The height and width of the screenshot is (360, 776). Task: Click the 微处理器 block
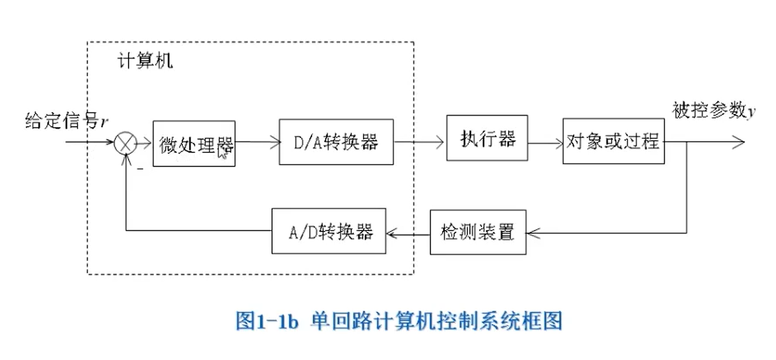[194, 144]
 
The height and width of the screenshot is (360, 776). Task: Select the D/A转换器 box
[336, 142]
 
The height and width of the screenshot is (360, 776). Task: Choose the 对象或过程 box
[613, 141]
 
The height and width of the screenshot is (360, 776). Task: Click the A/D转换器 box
[328, 231]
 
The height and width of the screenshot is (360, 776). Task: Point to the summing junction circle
[125, 142]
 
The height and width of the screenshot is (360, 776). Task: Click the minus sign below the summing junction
[140, 169]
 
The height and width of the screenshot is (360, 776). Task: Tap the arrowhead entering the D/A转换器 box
[274, 142]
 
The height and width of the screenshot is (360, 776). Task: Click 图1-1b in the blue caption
[267, 321]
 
